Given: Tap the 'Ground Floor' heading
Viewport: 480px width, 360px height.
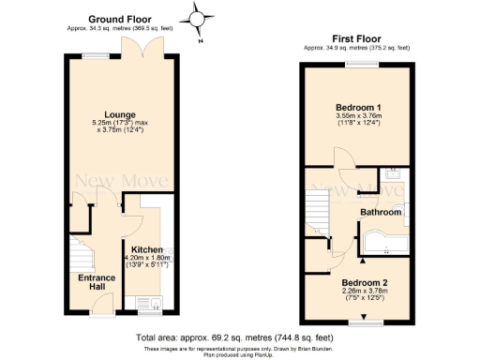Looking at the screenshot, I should [x=121, y=19].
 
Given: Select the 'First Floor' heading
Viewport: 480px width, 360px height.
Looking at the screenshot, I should [x=355, y=37].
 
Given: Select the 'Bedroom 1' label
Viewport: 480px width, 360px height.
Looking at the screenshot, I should [x=359, y=108].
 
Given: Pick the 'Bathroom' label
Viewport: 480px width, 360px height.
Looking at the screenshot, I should [x=382, y=213].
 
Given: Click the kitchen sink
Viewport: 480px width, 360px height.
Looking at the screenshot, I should [x=148, y=302].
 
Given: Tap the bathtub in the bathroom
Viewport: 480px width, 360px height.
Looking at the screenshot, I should [x=383, y=242].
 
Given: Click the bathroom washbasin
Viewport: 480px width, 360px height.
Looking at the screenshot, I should [x=395, y=174].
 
